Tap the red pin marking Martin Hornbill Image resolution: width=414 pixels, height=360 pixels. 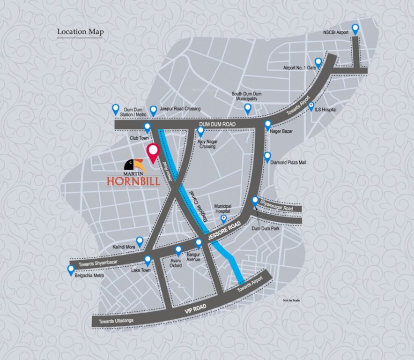coord(153,153)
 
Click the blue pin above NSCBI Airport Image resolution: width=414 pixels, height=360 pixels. coord(355,29)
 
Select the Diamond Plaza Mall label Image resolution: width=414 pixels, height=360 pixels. coord(288,163)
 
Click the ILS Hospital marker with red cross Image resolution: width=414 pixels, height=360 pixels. coord(311,106)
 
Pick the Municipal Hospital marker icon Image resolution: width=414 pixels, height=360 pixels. coord(224,218)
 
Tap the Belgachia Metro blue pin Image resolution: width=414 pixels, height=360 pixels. coord(71,270)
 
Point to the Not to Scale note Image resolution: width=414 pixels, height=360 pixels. coord(291,300)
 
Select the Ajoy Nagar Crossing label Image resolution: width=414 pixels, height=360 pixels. coord(208,144)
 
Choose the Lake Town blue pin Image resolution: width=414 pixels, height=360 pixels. coord(148,260)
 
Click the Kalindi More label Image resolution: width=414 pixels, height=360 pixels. coord(124,246)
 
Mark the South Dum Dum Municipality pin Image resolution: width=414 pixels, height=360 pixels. coord(248,109)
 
